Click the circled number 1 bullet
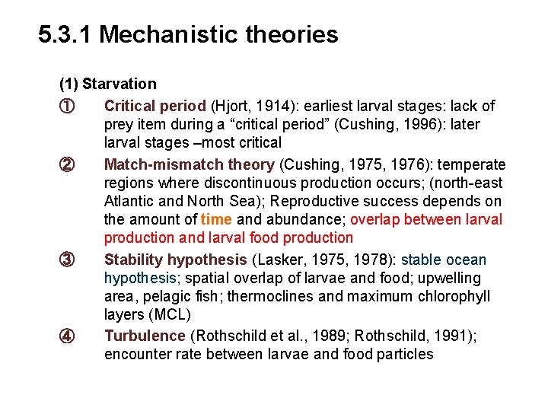(x=66, y=106)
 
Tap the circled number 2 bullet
(x=66, y=164)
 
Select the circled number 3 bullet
(x=66, y=260)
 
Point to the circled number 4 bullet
(x=66, y=336)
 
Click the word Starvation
(x=119, y=84)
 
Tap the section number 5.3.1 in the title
(x=65, y=34)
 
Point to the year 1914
(x=274, y=106)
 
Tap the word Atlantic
(x=129, y=201)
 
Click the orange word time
(x=216, y=220)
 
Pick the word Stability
(x=133, y=260)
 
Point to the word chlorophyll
(x=452, y=296)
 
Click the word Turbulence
(x=145, y=336)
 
